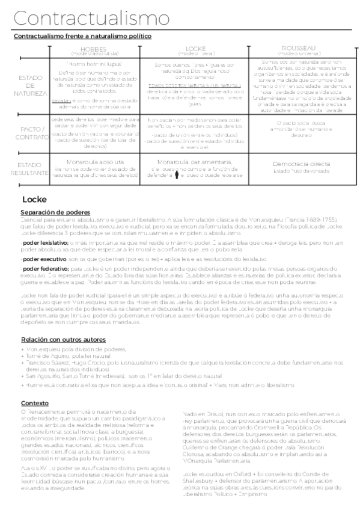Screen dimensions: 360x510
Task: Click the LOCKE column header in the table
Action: point(196,48)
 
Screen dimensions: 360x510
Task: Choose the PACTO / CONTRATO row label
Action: point(31,132)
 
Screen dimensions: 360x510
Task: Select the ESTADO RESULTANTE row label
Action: point(31,168)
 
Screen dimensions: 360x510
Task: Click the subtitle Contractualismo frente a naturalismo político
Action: point(82,36)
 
